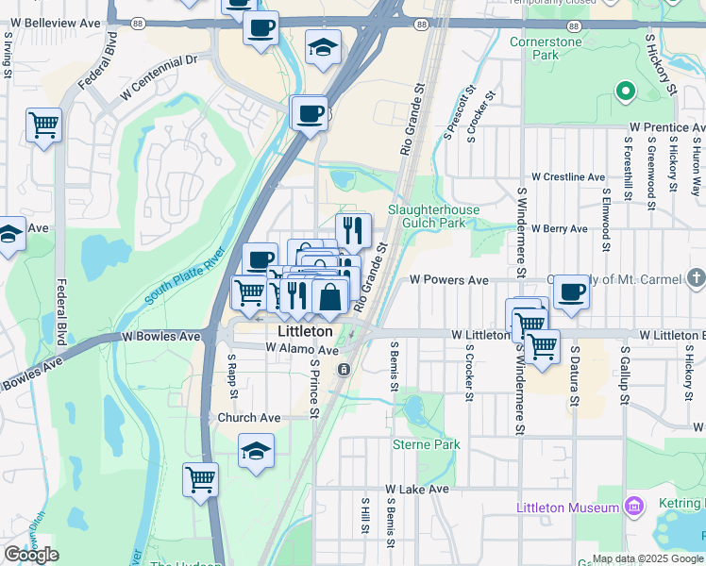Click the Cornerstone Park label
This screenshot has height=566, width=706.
tap(546, 48)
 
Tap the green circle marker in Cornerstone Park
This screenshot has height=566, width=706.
tap(623, 92)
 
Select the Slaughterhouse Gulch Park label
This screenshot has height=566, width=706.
tap(433, 216)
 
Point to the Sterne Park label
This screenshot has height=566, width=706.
tap(426, 443)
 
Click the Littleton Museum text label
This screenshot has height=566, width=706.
tap(567, 508)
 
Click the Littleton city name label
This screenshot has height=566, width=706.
tap(305, 332)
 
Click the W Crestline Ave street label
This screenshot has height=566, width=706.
tap(567, 176)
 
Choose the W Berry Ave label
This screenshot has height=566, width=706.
tap(559, 228)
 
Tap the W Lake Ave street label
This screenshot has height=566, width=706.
tap(416, 490)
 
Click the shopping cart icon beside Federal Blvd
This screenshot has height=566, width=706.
tap(43, 125)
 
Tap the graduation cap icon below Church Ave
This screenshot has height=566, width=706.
tap(256, 451)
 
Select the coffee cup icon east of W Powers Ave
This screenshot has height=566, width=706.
tap(571, 292)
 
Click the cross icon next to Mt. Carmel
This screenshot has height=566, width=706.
tap(696, 277)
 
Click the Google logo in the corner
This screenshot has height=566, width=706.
tap(31, 555)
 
